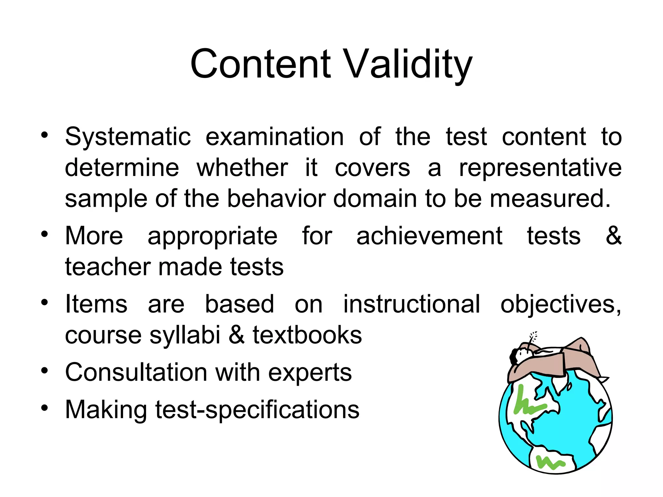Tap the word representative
pos(540,168)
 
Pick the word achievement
pos(429,236)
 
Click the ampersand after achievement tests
pos(613,236)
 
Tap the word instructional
pos(411,304)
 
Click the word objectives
pos(560,305)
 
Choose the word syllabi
pos(185,335)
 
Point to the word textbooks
pos(307,335)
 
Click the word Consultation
pos(136,372)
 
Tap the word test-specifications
pos(257,410)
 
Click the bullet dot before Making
pos(45,408)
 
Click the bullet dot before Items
pos(45,303)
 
